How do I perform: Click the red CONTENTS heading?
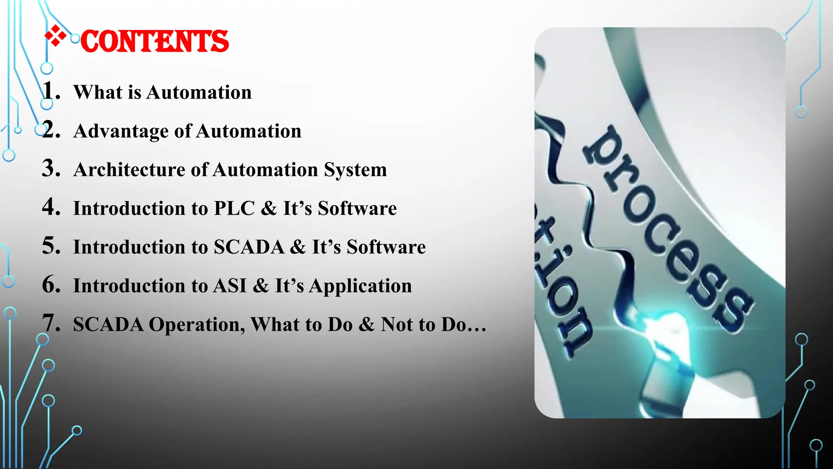[155, 42]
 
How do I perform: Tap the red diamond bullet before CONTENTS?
[55, 36]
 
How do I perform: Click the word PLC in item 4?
[234, 208]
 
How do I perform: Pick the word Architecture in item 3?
[129, 170]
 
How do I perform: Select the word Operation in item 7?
[197, 325]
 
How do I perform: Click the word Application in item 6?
[360, 286]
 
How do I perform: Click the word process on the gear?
[667, 228]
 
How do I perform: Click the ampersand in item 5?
[298, 247]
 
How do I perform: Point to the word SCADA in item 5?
[249, 247]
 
